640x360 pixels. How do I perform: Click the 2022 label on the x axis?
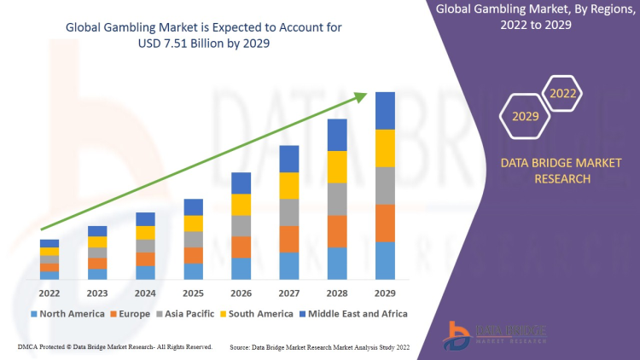pos(49,293)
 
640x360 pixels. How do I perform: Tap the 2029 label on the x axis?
pos(386,293)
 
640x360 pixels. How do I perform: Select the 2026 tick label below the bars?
pos(241,293)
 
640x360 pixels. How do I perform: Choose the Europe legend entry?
pos(131,314)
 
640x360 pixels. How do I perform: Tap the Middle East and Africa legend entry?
pos(353,314)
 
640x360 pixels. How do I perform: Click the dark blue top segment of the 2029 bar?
pos(386,111)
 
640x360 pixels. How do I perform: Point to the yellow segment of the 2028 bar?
pos(337,166)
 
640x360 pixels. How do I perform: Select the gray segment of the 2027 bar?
pos(289,212)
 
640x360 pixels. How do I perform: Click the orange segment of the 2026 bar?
pos(241,247)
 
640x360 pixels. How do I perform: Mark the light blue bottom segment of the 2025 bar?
pos(194,271)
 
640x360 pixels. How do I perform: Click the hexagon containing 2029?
pos(526,116)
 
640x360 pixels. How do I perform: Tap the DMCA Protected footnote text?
pos(114,347)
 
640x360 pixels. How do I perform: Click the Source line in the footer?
pos(320,347)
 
